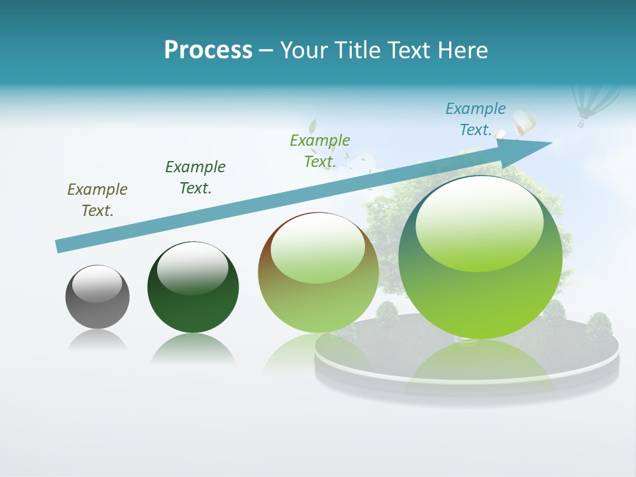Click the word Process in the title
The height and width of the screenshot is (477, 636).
[208, 50]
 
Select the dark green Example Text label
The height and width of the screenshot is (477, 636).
[195, 178]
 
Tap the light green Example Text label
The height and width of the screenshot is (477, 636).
[320, 150]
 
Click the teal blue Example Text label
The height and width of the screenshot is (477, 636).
[476, 119]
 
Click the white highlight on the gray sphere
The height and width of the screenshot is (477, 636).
[97, 284]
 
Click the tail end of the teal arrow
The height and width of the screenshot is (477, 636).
[61, 246]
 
